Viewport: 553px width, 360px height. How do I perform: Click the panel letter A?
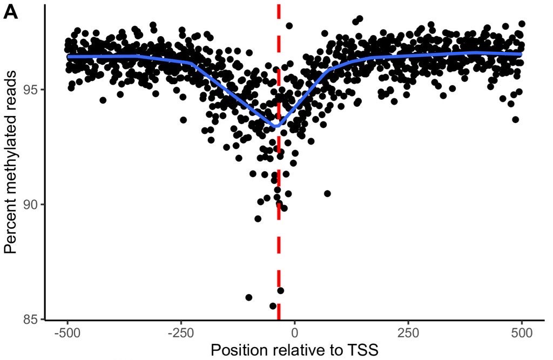(x=11, y=12)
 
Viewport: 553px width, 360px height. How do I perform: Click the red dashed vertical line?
(x=279, y=243)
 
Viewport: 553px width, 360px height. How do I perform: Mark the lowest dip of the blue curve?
(x=275, y=126)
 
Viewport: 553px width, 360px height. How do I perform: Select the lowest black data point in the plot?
(x=273, y=306)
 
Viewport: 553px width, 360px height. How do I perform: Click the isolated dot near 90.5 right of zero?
(x=327, y=193)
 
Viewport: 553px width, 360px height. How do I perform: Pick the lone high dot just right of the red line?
(x=289, y=25)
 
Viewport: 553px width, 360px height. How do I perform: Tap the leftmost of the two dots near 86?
(x=249, y=297)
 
